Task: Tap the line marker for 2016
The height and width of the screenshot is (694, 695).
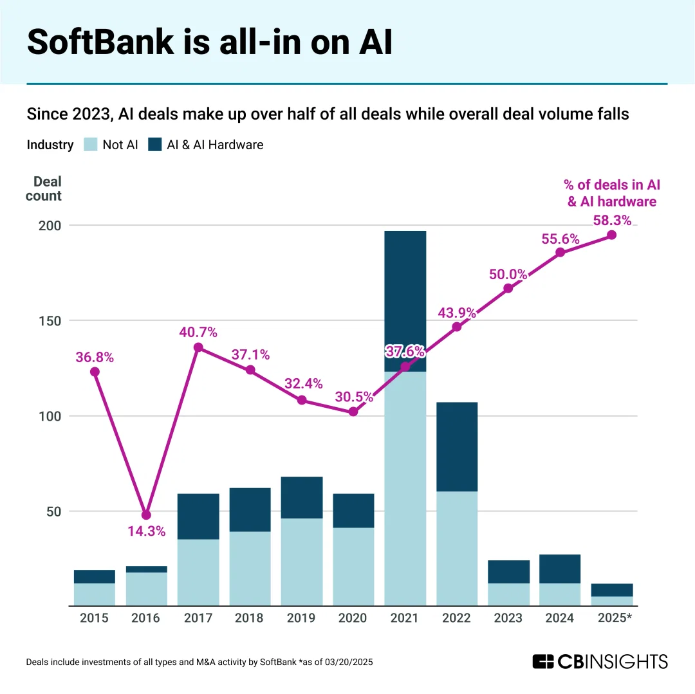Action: point(146,515)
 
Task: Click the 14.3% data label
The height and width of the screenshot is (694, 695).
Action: point(146,531)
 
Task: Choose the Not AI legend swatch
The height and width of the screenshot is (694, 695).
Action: point(91,145)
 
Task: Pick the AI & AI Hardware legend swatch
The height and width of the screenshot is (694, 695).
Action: point(155,145)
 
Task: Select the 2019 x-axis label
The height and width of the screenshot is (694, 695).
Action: point(301,618)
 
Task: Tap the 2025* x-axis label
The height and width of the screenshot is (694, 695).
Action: point(612,618)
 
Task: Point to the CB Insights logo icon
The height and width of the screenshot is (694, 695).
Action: point(543,661)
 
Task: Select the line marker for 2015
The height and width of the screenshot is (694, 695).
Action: point(95,372)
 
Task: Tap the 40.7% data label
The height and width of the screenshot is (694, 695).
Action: point(198,333)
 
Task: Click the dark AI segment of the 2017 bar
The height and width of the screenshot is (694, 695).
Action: point(198,516)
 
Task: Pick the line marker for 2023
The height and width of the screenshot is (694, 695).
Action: point(508,288)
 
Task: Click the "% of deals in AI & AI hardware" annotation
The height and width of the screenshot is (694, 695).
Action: point(612,193)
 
